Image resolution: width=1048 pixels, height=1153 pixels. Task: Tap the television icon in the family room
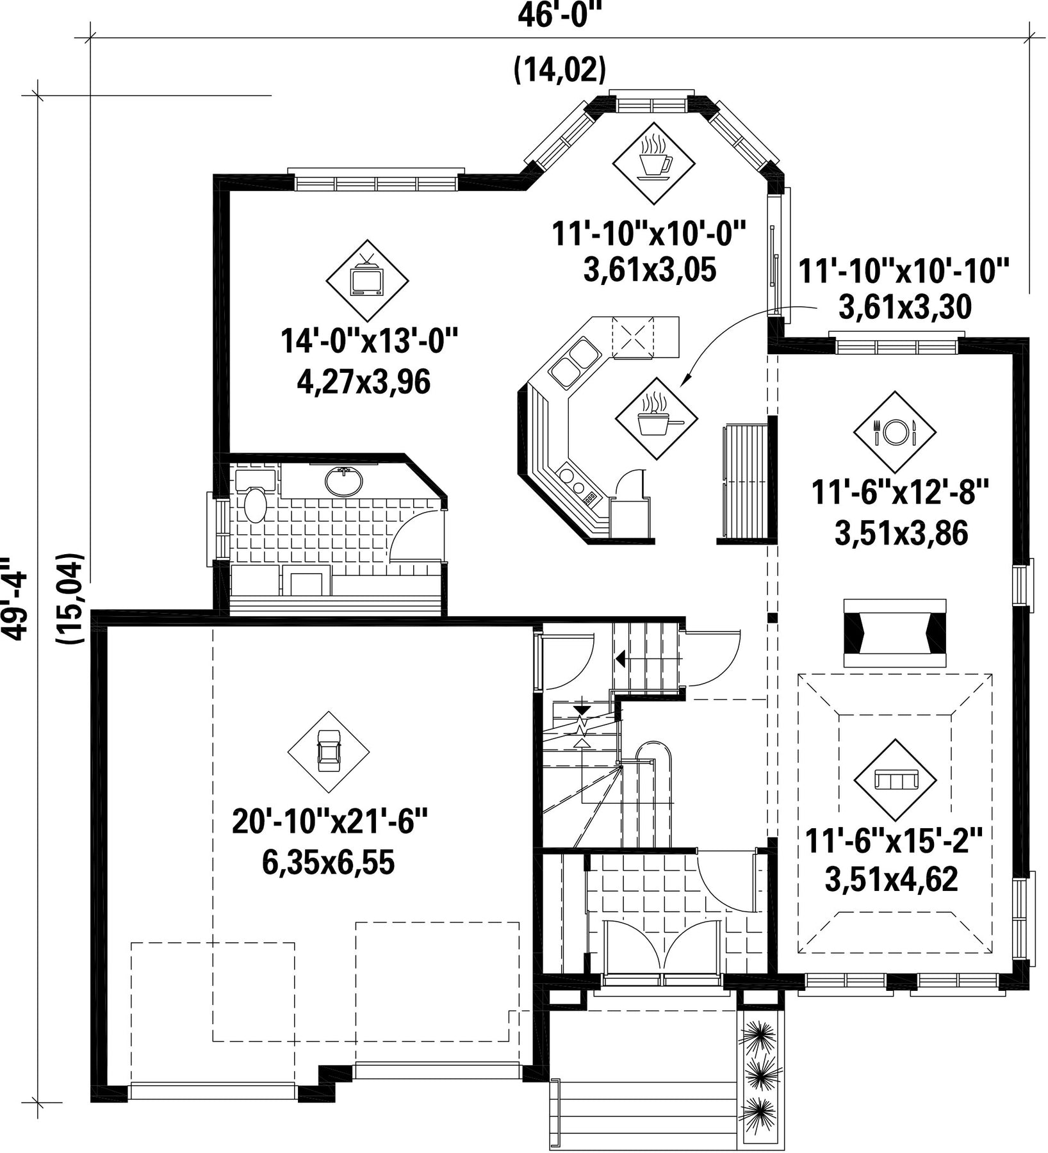point(367,280)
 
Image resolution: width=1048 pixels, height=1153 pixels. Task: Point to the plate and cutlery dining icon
point(895,432)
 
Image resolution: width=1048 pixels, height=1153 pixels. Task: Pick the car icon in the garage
point(329,752)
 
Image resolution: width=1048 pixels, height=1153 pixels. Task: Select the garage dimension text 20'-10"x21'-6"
point(329,822)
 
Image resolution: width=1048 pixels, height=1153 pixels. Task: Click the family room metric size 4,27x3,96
point(363,382)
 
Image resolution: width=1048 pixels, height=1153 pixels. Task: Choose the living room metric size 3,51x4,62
point(891,879)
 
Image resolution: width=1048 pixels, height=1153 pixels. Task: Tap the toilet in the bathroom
point(256,505)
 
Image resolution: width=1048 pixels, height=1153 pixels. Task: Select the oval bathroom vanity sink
point(343,481)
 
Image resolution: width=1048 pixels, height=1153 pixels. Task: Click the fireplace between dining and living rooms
point(894,633)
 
